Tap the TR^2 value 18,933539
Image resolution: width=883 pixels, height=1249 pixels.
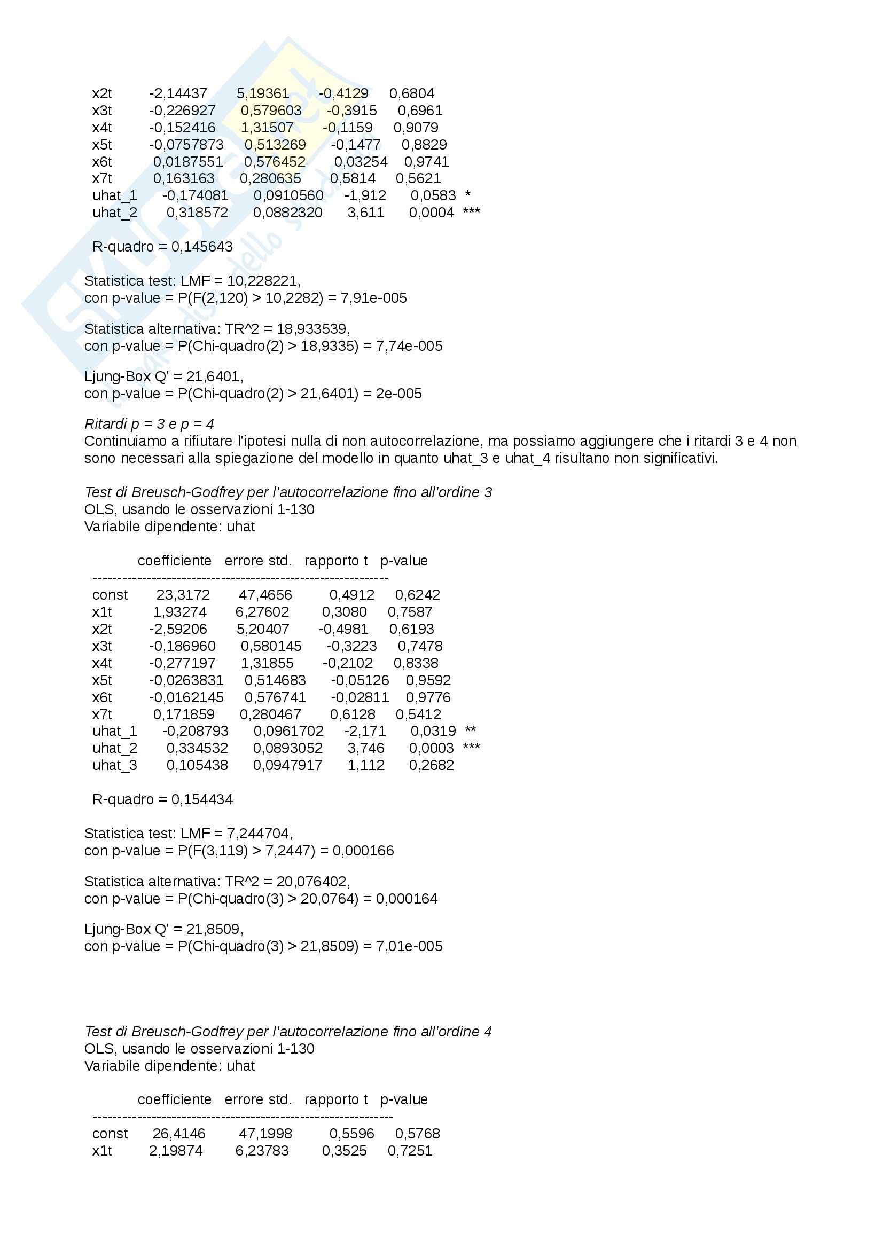click(312, 329)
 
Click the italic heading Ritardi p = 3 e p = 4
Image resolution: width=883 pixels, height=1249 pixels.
click(149, 424)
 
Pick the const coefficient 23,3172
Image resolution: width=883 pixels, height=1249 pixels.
click(183, 595)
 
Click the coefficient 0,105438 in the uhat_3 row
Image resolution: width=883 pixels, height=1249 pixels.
click(197, 765)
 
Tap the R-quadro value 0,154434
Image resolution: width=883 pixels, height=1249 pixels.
click(202, 800)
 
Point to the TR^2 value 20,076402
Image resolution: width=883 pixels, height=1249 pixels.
click(312, 882)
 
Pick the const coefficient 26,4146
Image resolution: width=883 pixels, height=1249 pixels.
click(179, 1134)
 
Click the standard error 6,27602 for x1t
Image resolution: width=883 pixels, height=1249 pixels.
click(262, 612)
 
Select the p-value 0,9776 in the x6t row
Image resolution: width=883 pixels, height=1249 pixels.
click(428, 697)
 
